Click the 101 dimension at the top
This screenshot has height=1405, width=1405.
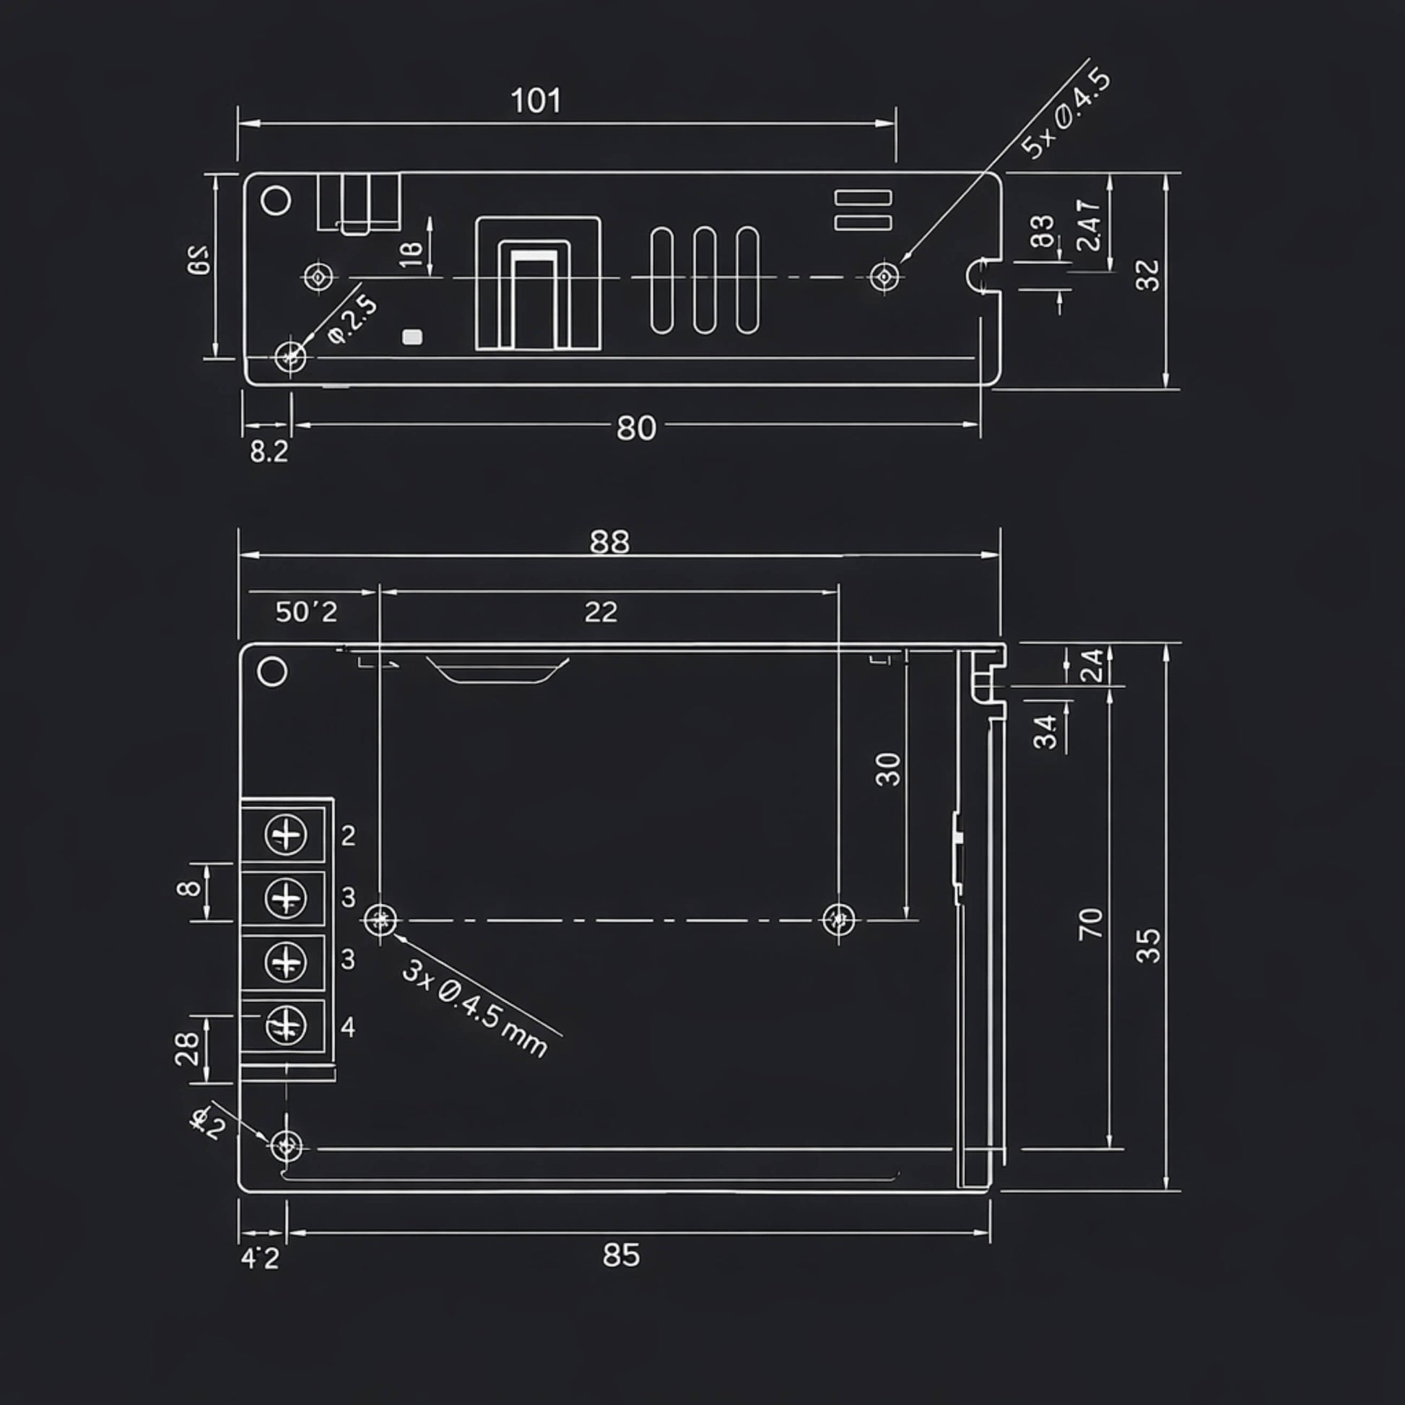pos(536,101)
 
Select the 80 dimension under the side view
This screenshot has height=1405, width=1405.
pos(635,428)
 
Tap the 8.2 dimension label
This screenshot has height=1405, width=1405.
pos(269,452)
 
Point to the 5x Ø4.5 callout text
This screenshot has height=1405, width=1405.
pos(1066,114)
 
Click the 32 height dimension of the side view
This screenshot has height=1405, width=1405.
pos(1148,275)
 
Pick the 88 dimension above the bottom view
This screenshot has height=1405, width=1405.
pos(609,541)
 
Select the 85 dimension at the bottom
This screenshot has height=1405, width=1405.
pos(621,1256)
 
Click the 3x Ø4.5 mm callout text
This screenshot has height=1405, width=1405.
pos(474,1009)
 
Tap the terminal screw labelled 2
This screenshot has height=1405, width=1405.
pos(286,835)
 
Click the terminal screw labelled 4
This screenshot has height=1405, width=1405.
pos(286,1025)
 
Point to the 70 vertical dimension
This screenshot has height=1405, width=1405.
pos(1091,923)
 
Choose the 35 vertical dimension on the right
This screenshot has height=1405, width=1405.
pos(1148,945)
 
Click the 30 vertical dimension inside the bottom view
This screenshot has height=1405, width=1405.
pos(888,770)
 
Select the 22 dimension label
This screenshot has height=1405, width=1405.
pos(601,612)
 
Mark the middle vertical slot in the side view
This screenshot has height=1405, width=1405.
pos(704,281)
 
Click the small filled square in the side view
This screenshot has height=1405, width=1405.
pos(412,336)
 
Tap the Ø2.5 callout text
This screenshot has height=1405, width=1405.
pos(354,320)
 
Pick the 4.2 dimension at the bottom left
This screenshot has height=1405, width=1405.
pos(260,1258)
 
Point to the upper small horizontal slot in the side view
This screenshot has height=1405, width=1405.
pos(863,198)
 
